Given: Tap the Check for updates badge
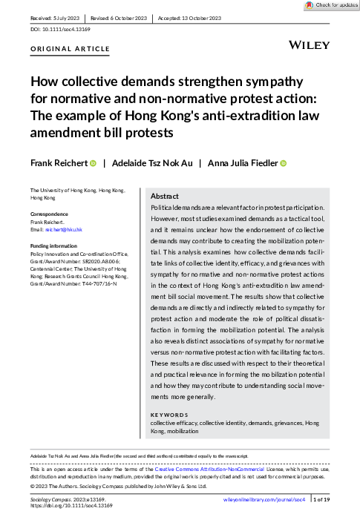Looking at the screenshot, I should (327, 5).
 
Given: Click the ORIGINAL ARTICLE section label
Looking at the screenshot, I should (70, 49).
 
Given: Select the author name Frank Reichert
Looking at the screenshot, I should (59, 163).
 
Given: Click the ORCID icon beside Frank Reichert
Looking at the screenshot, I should (94, 163).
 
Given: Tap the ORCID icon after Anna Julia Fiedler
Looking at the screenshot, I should (283, 163).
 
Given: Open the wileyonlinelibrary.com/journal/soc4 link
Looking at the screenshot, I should (264, 501).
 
